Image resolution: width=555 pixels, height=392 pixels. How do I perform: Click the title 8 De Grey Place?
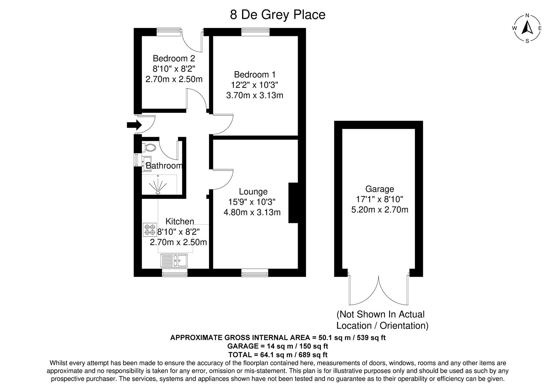tap(277, 15)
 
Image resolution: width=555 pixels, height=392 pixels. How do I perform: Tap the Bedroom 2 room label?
tap(174, 58)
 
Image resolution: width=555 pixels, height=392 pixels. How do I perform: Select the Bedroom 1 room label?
tap(254, 75)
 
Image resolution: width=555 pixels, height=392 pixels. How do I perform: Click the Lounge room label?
tap(253, 192)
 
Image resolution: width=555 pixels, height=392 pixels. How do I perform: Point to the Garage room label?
tap(379, 189)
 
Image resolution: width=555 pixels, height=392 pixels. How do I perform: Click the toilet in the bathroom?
tap(150, 148)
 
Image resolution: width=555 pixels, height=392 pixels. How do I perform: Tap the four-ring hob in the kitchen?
tap(150, 229)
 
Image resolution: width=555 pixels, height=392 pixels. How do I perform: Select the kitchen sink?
tap(175, 260)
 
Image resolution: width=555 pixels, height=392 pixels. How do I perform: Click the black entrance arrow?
tap(134, 125)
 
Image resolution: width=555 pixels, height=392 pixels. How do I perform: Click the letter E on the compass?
tap(540, 28)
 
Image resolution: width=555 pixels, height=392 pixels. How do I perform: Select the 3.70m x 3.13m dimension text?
tap(254, 95)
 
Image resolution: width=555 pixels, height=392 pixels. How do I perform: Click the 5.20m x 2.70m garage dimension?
tap(380, 209)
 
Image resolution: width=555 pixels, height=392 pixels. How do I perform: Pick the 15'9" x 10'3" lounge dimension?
tap(252, 202)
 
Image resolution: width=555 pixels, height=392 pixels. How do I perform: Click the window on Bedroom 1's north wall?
tap(256, 32)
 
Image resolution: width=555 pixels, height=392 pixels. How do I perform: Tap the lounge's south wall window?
tap(255, 273)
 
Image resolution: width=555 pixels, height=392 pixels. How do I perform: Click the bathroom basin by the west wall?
tap(147, 162)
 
